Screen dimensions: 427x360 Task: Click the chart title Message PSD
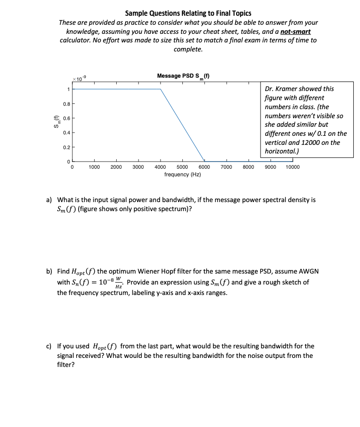(184, 76)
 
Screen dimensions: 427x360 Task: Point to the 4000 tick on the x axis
(160, 167)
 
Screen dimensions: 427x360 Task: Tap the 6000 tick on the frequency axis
(204, 167)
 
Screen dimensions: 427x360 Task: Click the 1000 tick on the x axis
(94, 167)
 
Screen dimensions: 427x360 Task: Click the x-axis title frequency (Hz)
(182, 175)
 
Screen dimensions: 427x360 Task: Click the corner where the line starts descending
(160, 89)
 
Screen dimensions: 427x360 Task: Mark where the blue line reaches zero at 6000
(204, 161)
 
